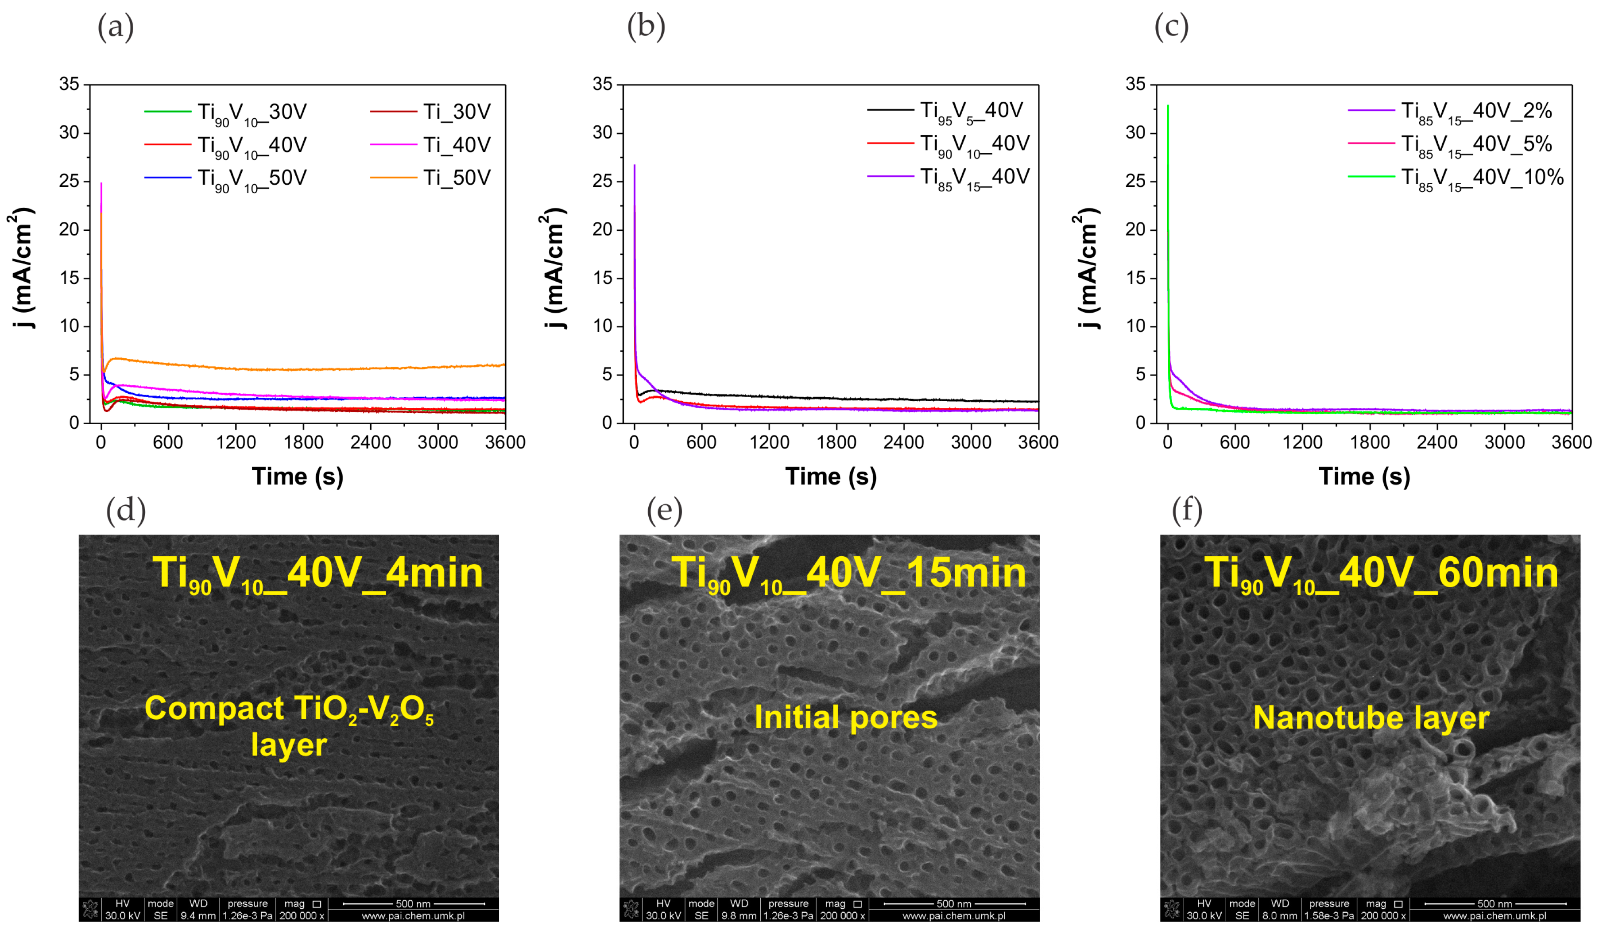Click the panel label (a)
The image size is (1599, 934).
tap(116, 28)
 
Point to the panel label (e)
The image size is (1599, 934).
tap(664, 511)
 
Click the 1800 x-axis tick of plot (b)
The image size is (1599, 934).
tap(836, 443)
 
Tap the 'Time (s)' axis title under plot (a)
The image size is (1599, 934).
tap(298, 477)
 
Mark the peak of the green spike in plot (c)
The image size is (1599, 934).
tap(1168, 106)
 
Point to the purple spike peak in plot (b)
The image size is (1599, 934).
tap(635, 166)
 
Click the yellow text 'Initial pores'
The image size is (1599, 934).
tap(845, 717)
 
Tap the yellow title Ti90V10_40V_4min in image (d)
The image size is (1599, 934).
tap(317, 574)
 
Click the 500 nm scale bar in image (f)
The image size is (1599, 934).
tap(1494, 903)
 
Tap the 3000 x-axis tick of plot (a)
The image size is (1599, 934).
tap(438, 443)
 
